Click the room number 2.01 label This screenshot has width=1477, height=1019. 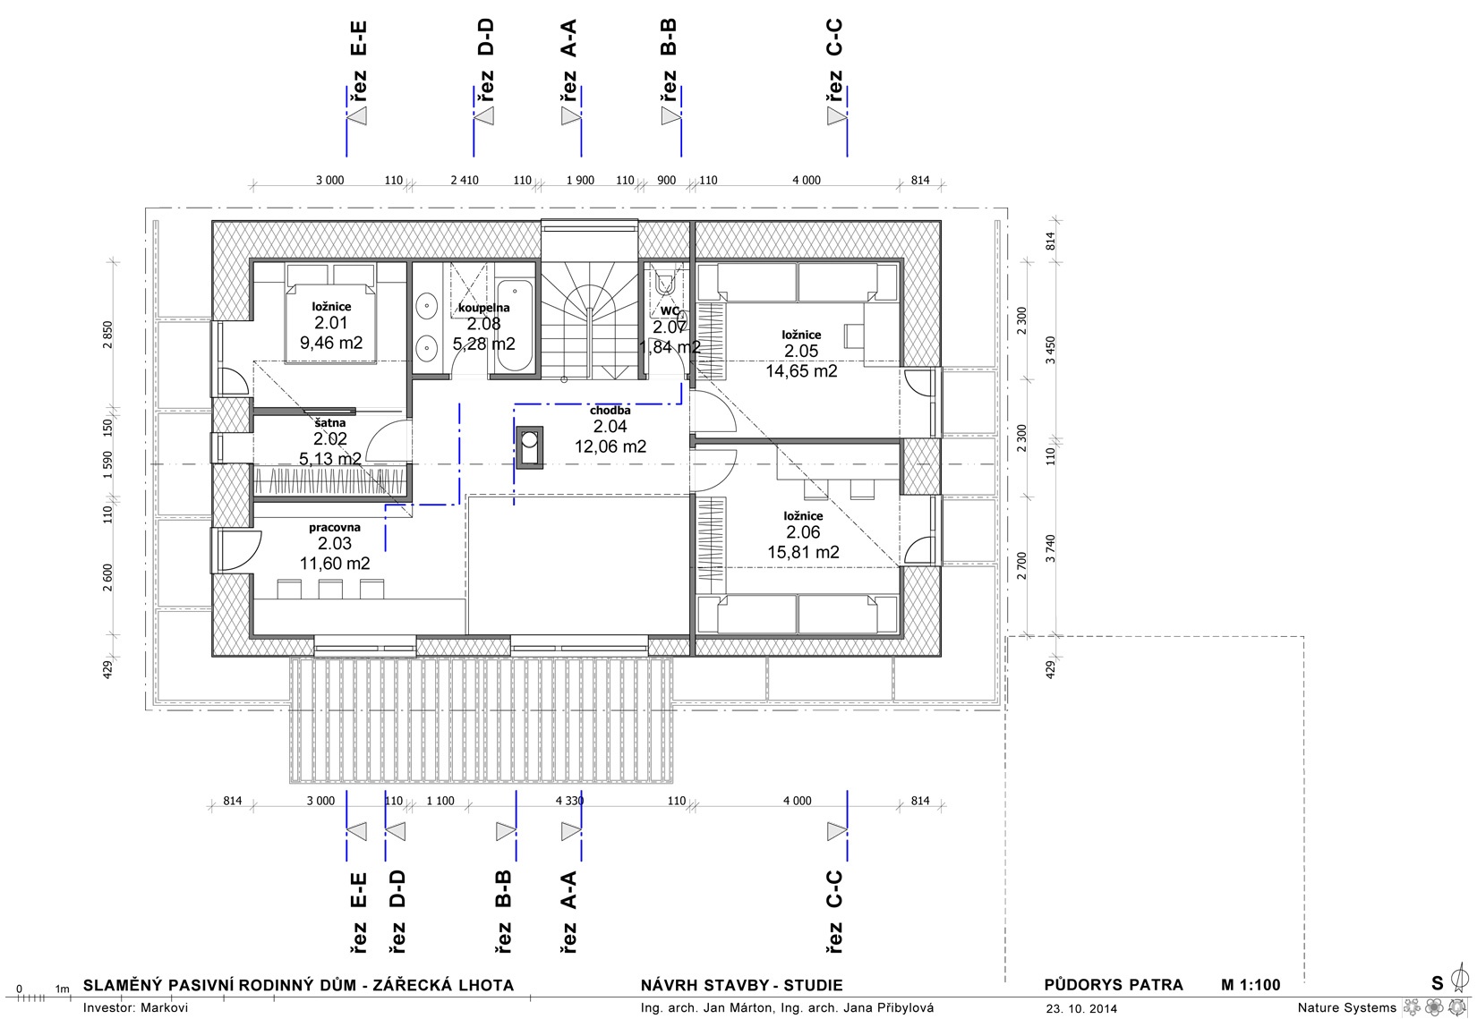point(330,323)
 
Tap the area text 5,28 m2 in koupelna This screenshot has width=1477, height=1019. point(484,344)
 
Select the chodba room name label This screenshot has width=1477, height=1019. point(610,411)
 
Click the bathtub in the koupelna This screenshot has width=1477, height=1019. point(515,326)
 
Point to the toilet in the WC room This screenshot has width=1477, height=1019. point(664,282)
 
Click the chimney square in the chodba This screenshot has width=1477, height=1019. point(529,447)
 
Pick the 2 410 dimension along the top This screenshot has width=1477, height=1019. point(465,180)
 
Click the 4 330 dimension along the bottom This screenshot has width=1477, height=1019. point(569,801)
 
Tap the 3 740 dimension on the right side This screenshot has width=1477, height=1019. point(1050,548)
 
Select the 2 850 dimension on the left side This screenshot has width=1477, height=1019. point(108,335)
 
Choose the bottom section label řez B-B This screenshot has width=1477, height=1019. point(504,912)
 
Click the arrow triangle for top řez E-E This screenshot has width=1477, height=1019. point(357,116)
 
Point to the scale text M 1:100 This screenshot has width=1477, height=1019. point(1251,985)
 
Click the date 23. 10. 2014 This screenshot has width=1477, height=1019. point(1081,1008)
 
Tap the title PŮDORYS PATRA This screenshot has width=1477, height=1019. point(1114,985)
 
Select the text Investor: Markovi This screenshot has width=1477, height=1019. point(135,1007)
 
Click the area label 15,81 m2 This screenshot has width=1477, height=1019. point(803,552)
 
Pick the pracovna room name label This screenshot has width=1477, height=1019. point(334,527)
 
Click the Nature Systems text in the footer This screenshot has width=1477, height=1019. point(1347,1007)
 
